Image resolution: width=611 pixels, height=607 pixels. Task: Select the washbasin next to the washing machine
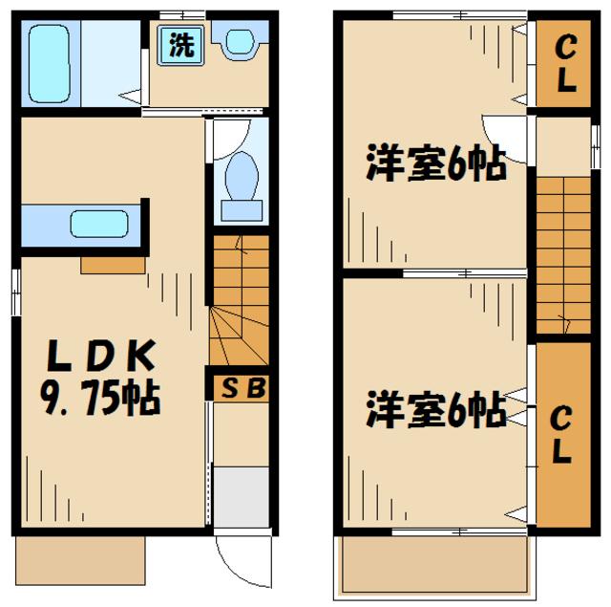(238, 42)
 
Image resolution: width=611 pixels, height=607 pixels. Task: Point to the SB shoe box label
(240, 387)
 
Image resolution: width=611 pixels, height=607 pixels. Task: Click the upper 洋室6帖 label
(435, 166)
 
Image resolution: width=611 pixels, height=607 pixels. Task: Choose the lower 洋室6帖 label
(435, 414)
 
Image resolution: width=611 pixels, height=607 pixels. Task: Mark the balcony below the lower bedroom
(435, 566)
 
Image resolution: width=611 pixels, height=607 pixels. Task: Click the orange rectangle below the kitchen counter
(113, 263)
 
